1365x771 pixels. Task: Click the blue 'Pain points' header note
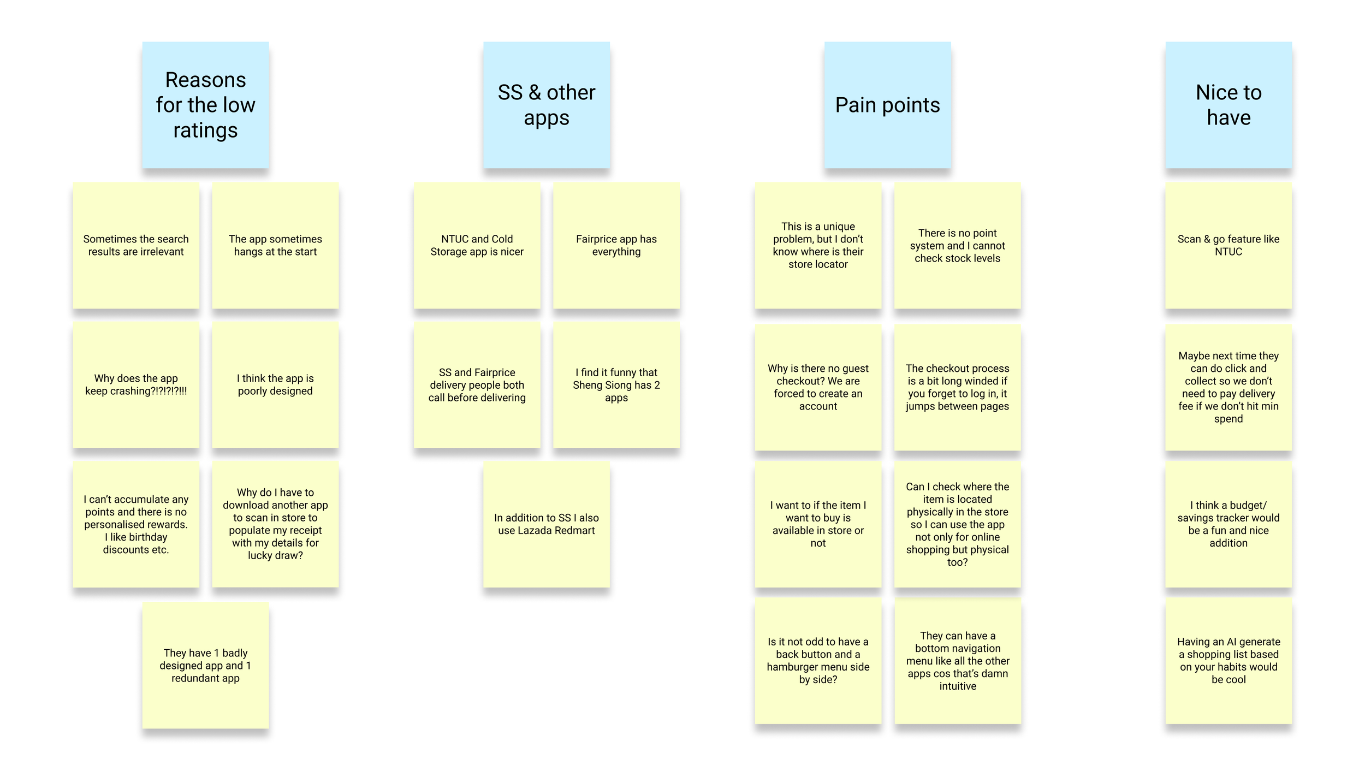coord(887,105)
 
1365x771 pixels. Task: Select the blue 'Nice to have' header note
coord(1228,105)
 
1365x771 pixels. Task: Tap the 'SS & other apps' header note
coord(546,105)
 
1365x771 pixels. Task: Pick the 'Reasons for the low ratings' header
coord(205,105)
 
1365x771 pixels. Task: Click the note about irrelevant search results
coord(136,245)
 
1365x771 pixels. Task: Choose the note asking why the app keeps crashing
coord(136,384)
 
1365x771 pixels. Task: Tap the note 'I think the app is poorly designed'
coord(275,384)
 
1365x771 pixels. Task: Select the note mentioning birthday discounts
coord(136,524)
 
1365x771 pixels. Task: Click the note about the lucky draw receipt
coord(275,524)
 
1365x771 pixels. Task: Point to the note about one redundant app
coord(205,665)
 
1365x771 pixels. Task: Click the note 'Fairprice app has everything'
coord(616,245)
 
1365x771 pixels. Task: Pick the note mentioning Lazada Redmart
coord(546,524)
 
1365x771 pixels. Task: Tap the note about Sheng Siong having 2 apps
coord(616,384)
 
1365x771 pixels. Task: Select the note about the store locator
coord(818,245)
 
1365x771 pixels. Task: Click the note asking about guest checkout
coord(818,387)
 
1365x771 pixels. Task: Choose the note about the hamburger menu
coord(818,661)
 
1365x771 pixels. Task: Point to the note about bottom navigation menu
coord(958,661)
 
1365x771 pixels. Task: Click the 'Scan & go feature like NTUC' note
coord(1228,245)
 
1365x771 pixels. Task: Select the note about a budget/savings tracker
coord(1228,524)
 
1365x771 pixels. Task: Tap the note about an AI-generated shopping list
coord(1228,661)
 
